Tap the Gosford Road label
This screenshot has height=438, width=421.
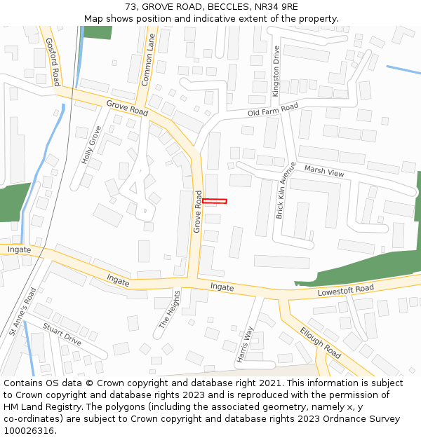click(52, 52)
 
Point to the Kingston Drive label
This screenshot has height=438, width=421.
click(276, 71)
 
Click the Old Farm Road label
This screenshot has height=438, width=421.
click(273, 110)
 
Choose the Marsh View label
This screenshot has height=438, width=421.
click(324, 172)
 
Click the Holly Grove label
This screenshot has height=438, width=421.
click(91, 145)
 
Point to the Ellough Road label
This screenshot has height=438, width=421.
click(320, 342)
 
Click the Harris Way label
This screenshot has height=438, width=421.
click(245, 343)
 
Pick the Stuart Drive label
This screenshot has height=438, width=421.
click(62, 334)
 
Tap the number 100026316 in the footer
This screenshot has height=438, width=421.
click(29, 431)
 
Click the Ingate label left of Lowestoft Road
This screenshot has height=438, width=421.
click(222, 287)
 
